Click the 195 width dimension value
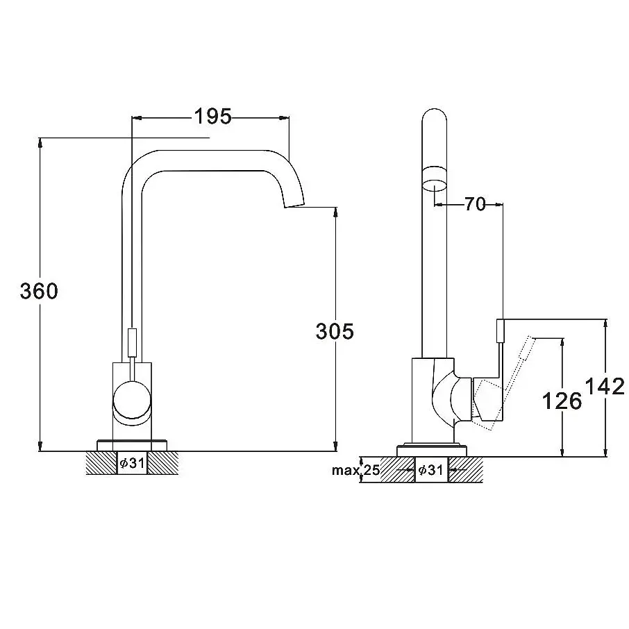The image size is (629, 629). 213,117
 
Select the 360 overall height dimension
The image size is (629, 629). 39,291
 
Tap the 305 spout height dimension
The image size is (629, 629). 335,331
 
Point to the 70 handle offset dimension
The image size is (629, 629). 475,204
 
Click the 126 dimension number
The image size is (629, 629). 562,401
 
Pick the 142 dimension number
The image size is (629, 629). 605,386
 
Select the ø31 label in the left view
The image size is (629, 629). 132,463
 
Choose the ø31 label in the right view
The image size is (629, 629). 430,469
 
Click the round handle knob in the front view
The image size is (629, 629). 132,401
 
